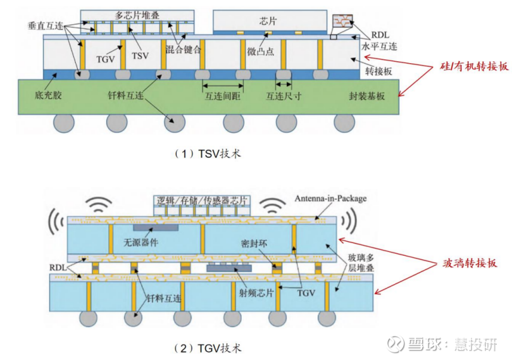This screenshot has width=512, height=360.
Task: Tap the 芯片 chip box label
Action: tap(268, 20)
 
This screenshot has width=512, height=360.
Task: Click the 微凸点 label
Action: tap(260, 51)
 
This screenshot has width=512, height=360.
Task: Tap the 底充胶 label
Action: tap(49, 96)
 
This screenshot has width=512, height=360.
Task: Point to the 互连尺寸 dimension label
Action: tap(283, 97)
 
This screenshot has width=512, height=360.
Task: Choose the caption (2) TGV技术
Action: tap(207, 347)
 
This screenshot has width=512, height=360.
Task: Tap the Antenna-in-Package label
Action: tap(330, 198)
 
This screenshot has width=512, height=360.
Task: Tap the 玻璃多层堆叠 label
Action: tap(364, 265)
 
